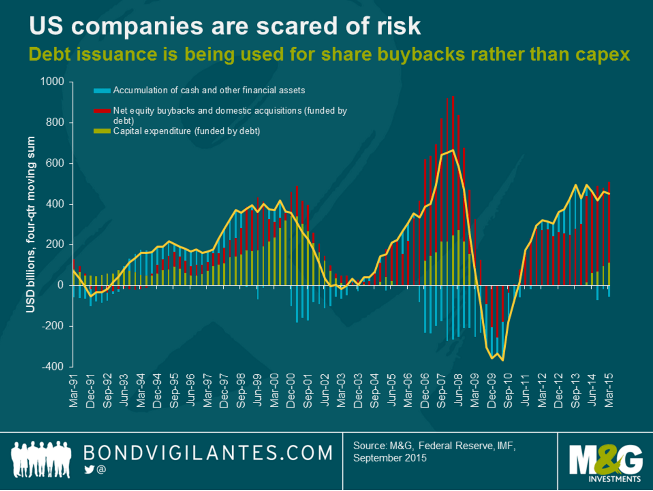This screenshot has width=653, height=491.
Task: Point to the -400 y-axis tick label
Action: click(53, 366)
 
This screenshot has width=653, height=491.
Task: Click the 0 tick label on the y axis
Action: click(61, 285)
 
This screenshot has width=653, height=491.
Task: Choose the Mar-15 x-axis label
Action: click(609, 389)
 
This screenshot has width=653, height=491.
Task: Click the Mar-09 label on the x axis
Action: click(476, 389)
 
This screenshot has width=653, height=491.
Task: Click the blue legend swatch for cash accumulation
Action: click(102, 91)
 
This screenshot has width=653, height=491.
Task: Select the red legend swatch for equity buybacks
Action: click(102, 111)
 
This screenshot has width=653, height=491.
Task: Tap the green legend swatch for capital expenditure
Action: click(102, 131)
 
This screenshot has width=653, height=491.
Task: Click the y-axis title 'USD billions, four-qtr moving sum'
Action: click(31, 225)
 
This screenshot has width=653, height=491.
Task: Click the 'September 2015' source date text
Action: click(390, 458)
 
